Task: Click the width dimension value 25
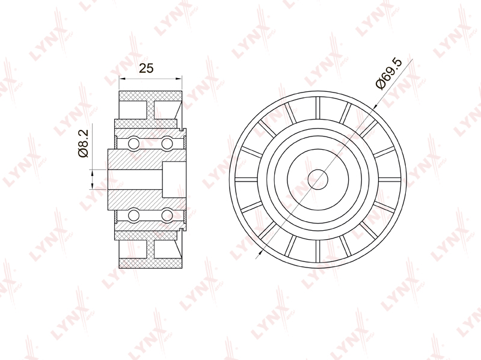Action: pyautogui.click(x=146, y=68)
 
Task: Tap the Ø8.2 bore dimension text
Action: pyautogui.click(x=83, y=144)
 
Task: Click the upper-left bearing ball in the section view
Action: pyautogui.click(x=134, y=143)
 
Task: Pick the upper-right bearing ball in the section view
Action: pyautogui.click(x=167, y=143)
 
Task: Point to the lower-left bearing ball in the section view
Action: pyautogui.click(x=134, y=215)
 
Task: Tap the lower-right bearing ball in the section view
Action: pyautogui.click(x=167, y=215)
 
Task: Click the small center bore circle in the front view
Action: pyautogui.click(x=318, y=179)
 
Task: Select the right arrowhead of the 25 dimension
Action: pyautogui.click(x=179, y=79)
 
